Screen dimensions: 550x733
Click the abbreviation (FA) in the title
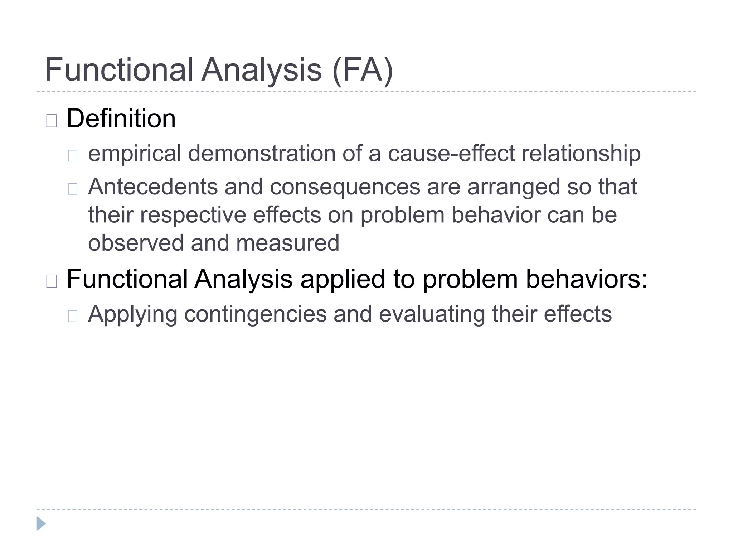(363, 70)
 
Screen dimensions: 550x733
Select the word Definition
(121, 119)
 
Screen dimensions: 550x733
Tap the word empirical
(135, 154)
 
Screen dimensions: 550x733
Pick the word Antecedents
(153, 187)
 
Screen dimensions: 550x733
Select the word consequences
(345, 187)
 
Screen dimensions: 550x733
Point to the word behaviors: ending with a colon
(587, 279)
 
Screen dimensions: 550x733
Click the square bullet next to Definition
(52, 121)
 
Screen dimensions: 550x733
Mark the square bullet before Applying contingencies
(73, 316)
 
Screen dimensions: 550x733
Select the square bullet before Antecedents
(73, 189)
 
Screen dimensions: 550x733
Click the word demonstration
(262, 154)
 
